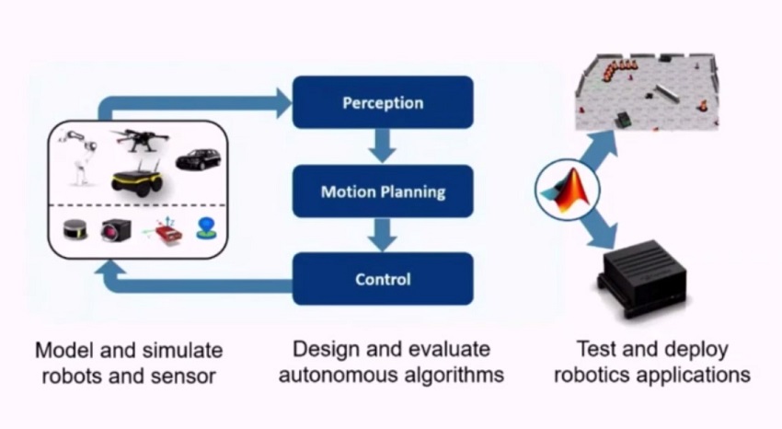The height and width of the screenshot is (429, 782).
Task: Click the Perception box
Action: [383, 102]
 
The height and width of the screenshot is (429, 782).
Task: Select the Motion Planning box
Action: [383, 191]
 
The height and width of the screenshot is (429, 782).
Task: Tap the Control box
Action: [383, 279]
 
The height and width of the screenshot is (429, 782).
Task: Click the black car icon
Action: [198, 158]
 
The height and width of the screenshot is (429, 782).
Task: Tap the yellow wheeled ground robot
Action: [137, 178]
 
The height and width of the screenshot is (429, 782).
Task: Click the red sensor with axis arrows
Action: [166, 229]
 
